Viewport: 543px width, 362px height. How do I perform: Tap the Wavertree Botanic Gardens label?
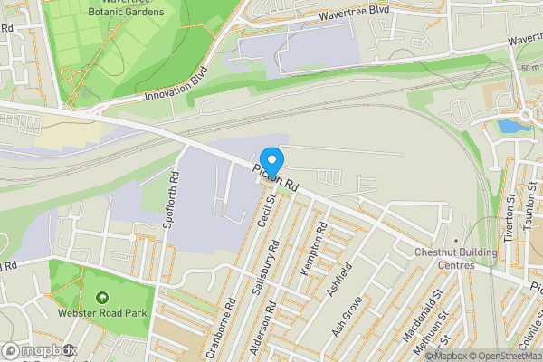127,8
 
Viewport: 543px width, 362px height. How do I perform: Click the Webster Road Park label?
101,313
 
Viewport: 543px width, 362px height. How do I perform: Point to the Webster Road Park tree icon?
101,297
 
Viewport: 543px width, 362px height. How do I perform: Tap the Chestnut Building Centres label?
455,258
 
